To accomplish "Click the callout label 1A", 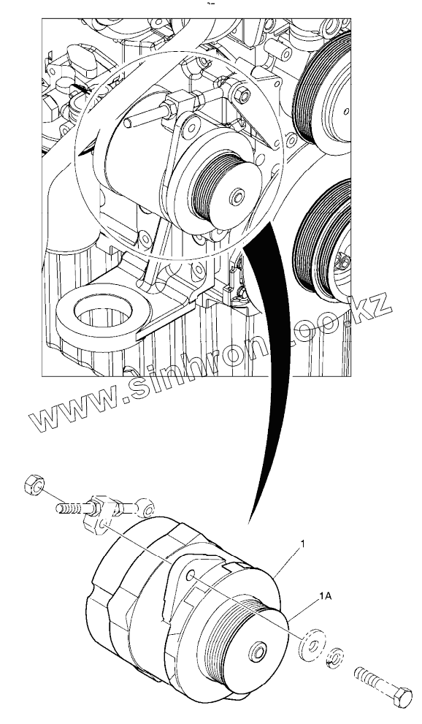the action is click(325, 597).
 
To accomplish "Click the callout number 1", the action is click(303, 545).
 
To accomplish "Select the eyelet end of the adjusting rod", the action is click(147, 508).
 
